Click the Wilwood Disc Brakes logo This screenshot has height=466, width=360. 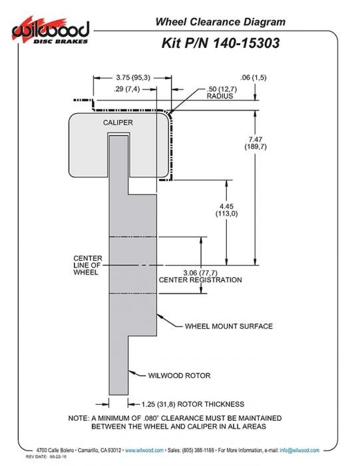coord(51,31)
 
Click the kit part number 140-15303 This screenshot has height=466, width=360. coord(246,43)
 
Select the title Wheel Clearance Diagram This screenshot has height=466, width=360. coord(220,22)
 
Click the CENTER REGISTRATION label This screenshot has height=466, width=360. coord(200,280)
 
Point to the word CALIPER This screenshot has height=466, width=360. coord(118,122)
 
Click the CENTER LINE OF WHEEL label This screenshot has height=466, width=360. coord(88,266)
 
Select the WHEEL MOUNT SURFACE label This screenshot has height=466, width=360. coord(229,326)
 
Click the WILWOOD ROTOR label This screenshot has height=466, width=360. coord(180,375)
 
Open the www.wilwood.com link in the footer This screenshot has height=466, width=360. coord(144,450)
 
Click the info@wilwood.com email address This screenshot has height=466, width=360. coord(299,450)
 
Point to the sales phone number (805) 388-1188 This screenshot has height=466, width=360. coord(198,450)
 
